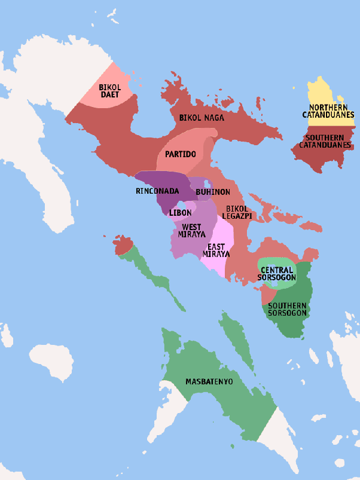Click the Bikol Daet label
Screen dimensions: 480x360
point(110,91)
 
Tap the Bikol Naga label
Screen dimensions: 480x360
point(202,118)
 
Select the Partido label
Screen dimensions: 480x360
point(181,154)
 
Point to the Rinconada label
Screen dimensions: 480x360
point(158,191)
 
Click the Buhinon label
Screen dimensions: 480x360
point(213,192)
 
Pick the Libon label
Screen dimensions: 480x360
point(181,213)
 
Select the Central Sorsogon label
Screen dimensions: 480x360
point(276,274)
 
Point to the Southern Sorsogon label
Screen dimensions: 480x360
point(288,309)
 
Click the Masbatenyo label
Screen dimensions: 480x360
point(209,381)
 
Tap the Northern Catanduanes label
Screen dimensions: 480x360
point(328,111)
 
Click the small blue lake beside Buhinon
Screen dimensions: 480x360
point(207,183)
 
